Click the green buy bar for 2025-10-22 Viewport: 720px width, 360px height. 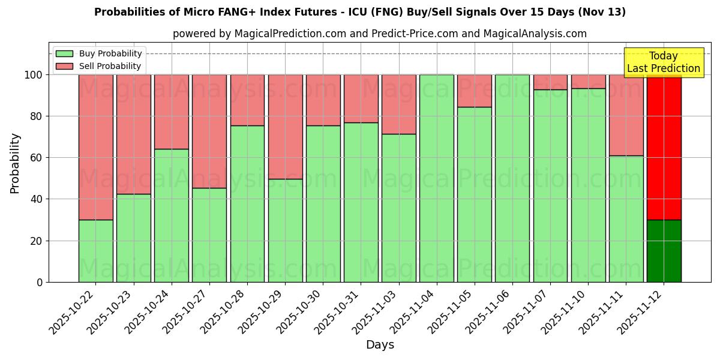tap(95, 251)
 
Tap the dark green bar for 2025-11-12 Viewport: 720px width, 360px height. tap(664, 251)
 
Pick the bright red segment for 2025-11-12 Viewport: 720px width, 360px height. tap(664, 147)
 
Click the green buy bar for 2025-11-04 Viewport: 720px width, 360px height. tap(436, 178)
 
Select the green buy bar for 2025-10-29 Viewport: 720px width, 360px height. tap(285, 230)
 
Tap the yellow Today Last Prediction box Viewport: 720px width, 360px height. tap(663, 62)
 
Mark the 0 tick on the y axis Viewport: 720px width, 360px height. tap(40, 282)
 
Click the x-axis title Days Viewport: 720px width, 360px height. tap(380, 345)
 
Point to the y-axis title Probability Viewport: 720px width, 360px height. tap(16, 163)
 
